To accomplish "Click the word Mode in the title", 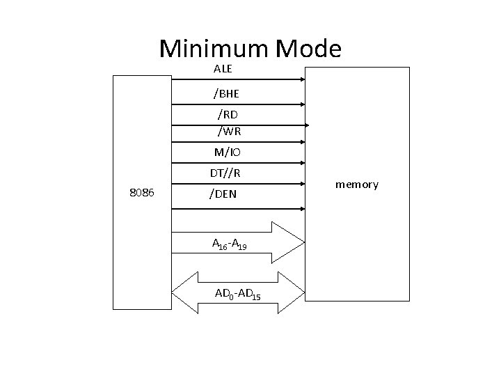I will (x=308, y=49).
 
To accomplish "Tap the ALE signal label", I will (x=223, y=69).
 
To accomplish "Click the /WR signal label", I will (x=229, y=130).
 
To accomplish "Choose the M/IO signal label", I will (x=228, y=152).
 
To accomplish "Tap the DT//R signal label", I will (x=225, y=173).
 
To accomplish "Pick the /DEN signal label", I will (x=223, y=194).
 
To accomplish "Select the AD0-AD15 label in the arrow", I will (x=238, y=295).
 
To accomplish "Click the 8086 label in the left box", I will (x=142, y=191).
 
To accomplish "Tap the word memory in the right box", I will (x=357, y=185).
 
